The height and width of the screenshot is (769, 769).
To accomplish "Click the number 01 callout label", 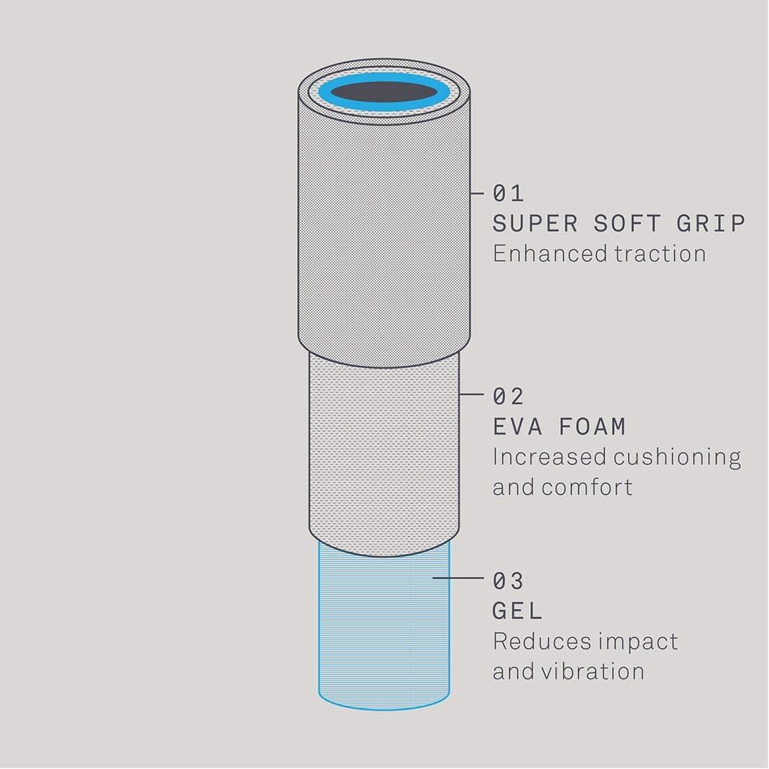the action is click(508, 193).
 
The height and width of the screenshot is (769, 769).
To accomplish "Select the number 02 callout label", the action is click(508, 396).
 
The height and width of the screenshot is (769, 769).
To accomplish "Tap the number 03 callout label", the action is click(508, 581).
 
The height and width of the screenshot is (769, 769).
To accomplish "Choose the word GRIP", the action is click(711, 224).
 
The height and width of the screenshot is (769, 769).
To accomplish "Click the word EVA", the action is click(517, 427).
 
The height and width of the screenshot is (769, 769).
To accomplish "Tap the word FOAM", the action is click(593, 427).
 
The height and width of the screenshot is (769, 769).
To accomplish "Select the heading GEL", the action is click(517, 611).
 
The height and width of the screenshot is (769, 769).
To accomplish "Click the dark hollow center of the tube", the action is click(384, 93).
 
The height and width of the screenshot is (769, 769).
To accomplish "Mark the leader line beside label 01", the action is click(477, 193).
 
